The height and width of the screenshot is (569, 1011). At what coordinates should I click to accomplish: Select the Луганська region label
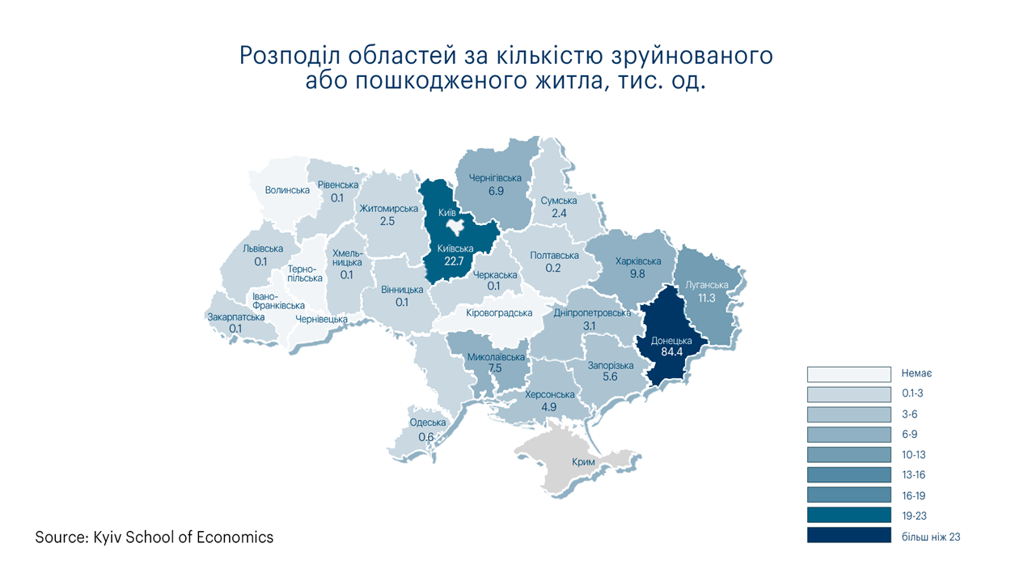707,285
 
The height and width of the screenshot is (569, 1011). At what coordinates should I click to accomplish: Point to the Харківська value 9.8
638,274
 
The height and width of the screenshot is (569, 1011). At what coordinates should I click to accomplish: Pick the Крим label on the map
582,462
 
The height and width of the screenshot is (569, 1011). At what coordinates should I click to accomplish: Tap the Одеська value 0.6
426,437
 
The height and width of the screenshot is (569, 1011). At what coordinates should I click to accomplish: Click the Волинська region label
287,190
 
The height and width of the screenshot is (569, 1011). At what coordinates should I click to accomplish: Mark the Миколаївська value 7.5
496,368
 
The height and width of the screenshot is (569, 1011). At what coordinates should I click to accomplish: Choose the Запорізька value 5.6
610,377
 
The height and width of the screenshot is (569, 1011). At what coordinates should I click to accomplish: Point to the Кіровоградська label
500,312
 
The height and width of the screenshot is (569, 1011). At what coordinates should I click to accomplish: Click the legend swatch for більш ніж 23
848,536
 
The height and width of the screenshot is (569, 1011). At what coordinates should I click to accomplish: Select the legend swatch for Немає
848,374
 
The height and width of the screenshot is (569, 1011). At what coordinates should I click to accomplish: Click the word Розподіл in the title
290,57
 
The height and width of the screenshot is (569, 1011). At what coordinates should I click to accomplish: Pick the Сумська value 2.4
559,213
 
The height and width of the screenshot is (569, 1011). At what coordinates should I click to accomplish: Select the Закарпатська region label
236,317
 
